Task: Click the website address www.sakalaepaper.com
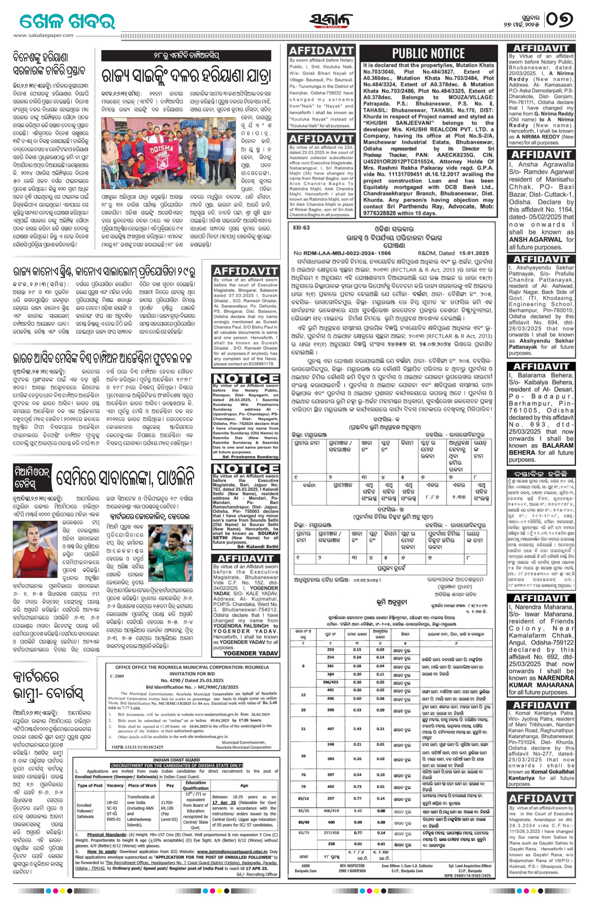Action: point(44,35)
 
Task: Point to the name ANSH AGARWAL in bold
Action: point(536,239)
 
